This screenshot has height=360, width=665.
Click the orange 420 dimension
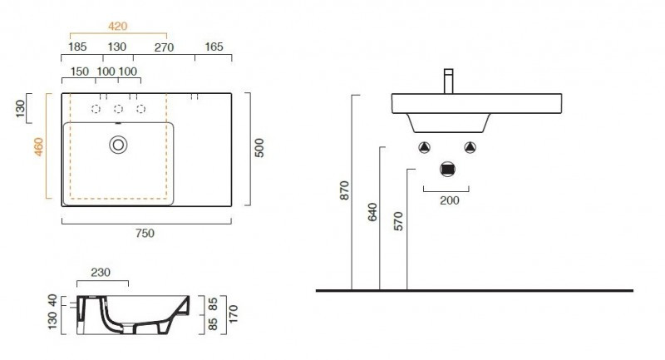point(118,26)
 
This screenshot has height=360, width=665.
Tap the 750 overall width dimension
point(145,233)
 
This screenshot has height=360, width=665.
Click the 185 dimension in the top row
point(79,47)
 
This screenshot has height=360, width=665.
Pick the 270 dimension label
point(164,47)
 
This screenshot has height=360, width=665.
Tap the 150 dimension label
point(80,72)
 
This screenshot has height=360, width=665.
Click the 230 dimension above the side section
point(101,272)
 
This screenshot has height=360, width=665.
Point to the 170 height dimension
point(234,313)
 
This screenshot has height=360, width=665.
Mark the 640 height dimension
point(372,214)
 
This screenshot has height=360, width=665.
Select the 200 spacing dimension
point(448,200)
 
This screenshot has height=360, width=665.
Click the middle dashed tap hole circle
point(118,109)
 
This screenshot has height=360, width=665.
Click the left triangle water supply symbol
point(425,147)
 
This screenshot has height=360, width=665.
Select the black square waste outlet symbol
point(448,170)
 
